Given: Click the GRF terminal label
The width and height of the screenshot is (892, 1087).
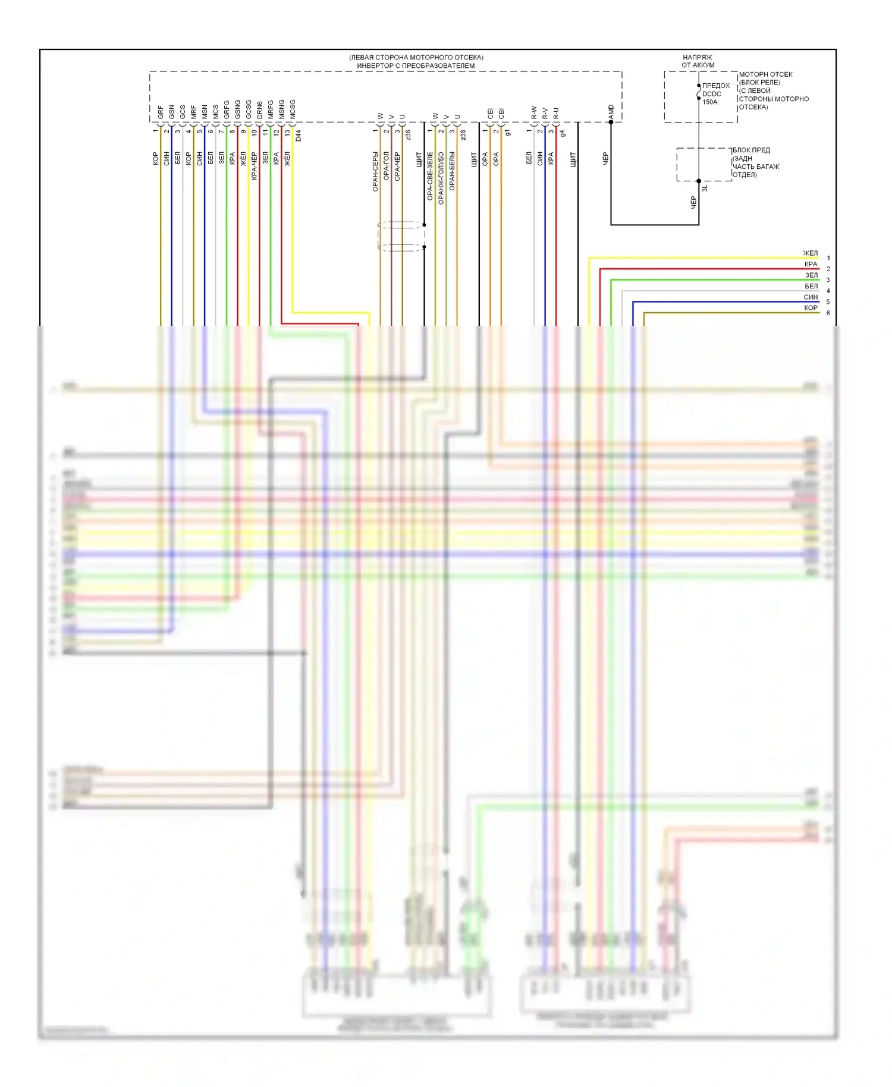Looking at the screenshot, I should pos(161,112).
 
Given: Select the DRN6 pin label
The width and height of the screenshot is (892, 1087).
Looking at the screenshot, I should pos(260,110).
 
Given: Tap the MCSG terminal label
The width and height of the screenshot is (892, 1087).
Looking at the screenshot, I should pos(293,109).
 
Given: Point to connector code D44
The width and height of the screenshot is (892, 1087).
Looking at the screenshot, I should pos(299,136).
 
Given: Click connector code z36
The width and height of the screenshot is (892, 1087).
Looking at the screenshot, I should pos(409,136).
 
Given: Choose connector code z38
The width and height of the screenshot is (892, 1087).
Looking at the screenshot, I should pos(463,136).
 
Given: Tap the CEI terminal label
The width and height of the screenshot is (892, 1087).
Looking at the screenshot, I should pos(491,113).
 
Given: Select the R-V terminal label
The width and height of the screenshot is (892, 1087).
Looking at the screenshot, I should pos(545,113).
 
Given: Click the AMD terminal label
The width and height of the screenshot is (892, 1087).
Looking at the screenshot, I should pos(611,111).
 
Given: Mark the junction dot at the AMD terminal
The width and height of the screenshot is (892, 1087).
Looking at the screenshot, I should pos(611,122).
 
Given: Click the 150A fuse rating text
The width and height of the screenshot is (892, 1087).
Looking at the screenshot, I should pos(710,102).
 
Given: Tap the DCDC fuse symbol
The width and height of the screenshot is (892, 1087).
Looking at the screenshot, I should pos(699,92).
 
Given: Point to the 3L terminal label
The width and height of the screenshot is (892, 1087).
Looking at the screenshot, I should pos(705,188).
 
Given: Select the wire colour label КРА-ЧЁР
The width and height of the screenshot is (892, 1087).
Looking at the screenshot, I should pos(254,165).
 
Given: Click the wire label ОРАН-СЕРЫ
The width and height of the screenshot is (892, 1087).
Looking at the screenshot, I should pos(375,171).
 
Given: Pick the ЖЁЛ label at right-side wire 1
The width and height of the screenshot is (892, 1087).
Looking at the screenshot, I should pos(811,253).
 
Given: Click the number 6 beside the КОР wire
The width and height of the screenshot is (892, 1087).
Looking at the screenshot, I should pos(828,313).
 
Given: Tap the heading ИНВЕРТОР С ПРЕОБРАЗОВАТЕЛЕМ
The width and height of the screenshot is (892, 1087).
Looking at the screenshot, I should pos(416,65).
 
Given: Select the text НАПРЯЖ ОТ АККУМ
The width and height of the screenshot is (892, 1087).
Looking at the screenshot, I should pos(698,61).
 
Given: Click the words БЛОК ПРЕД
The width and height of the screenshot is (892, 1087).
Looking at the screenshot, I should pos(751,150).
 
